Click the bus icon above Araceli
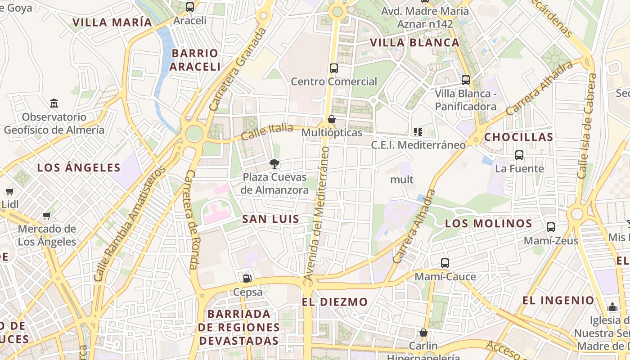pos(190,7)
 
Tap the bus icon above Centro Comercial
pos(333,68)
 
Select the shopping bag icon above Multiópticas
pos(332,119)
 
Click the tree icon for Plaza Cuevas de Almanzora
pos(274,164)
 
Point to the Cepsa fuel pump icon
pos(247,279)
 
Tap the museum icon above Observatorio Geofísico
pos(54,103)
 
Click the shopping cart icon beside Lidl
pos(10,191)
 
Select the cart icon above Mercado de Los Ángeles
pos(47,216)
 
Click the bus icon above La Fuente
pos(519,155)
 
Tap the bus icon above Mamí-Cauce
pos(445,263)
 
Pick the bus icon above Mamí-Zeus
pos(551,227)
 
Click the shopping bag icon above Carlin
pos(423,333)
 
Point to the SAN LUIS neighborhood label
pos(270,219)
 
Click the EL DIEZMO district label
pos(335,302)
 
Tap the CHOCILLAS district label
pos(518,137)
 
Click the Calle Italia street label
pos(267,131)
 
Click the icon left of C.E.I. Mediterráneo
pos(418,132)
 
